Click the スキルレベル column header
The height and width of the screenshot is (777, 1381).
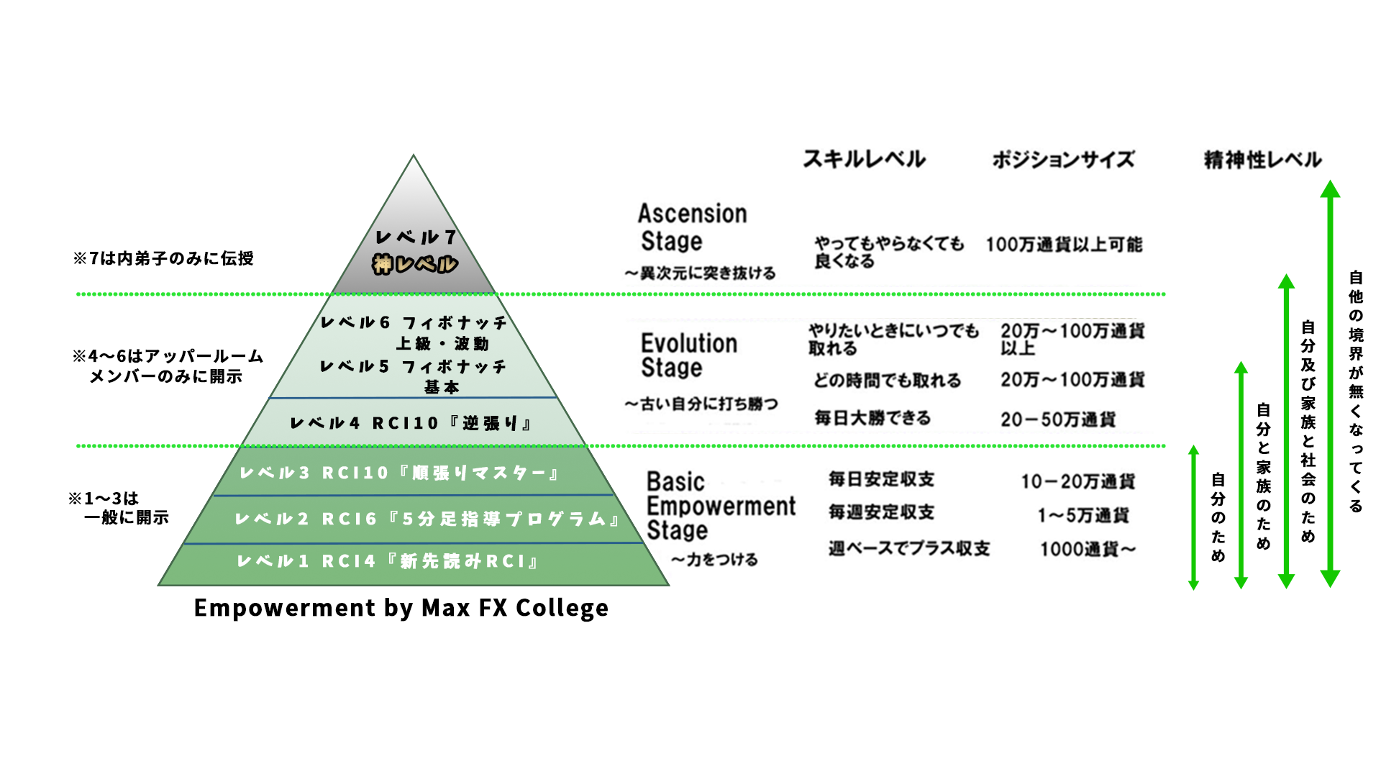pos(864,159)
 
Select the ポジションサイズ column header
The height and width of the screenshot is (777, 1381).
pos(1063,159)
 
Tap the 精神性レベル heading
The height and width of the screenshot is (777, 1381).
pos(1262,159)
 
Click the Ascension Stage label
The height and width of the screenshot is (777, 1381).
pos(692,227)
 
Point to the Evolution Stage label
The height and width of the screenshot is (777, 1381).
pos(688,355)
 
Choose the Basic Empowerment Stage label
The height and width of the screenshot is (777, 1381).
pos(720,506)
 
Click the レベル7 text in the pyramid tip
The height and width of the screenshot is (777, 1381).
pos(416,237)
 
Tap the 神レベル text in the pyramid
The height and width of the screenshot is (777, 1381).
pos(415,265)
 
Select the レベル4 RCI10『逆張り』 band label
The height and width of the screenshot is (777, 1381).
pos(411,423)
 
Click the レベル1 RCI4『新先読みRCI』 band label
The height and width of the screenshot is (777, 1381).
pos(388,561)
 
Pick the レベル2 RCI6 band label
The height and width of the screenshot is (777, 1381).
pos(427,519)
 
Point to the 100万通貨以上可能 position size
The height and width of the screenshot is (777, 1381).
pos(1063,245)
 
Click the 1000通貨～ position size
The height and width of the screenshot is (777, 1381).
pos(1088,550)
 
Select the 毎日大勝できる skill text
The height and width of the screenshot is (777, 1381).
pos(872,418)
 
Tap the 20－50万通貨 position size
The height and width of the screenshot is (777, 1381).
pos(1058,419)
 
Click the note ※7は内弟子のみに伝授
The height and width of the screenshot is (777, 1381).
pos(163,258)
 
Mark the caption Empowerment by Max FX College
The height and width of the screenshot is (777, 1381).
pos(401,608)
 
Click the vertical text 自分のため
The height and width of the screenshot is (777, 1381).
pos(1218,517)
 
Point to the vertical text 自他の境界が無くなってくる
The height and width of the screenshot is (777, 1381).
pos(1356,391)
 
